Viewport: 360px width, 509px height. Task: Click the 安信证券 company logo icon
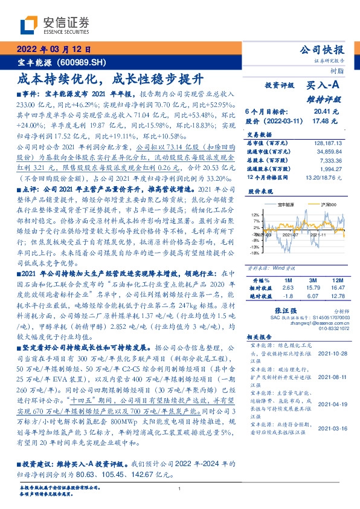point(30,24)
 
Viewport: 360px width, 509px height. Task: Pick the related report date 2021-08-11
point(332,376)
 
